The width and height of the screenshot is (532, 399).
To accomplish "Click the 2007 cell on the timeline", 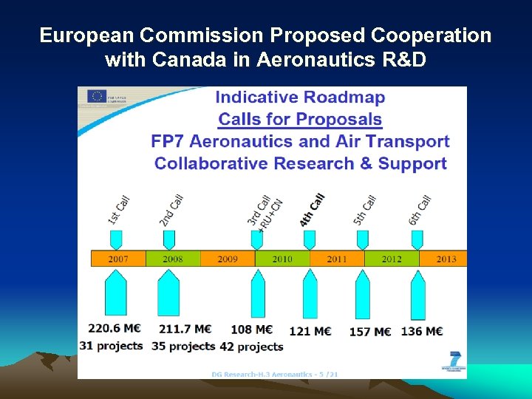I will pos(118,259).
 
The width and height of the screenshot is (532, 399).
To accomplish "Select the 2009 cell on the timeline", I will pos(228,259).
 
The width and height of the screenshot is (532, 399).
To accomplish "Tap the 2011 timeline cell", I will pos(337,259).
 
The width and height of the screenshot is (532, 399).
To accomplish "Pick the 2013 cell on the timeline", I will pos(446,259).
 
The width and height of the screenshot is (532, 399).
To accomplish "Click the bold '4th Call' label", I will pos(313,210).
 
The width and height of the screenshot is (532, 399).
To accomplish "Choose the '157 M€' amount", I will pos(370,332).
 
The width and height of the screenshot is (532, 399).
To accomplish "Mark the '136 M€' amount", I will pos(422,332).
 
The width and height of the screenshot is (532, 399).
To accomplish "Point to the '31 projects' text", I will pos(111,346).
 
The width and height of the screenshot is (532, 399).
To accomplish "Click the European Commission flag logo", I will pos(97,97).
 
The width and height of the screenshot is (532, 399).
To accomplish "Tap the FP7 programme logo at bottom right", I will pos(453,362).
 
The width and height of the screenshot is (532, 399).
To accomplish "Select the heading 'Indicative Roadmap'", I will pos(300,98).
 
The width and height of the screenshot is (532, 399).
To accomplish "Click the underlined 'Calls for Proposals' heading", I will pos(300,119).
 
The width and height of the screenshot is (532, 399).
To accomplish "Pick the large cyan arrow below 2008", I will pos(169,293).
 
